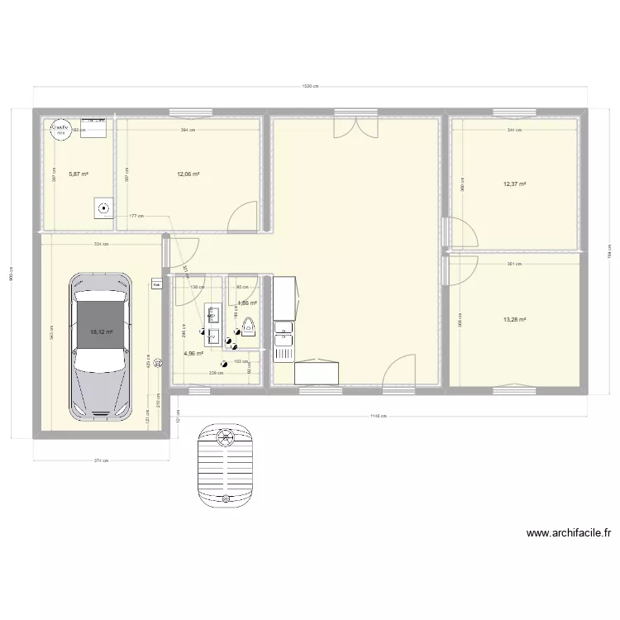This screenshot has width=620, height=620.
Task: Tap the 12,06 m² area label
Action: click(x=188, y=174)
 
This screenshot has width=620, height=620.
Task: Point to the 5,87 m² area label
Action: click(x=79, y=174)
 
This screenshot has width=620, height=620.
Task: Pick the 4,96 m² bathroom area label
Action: click(x=193, y=354)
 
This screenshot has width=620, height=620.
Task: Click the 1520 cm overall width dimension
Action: click(x=310, y=87)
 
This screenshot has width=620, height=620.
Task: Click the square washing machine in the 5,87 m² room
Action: click(x=103, y=209)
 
